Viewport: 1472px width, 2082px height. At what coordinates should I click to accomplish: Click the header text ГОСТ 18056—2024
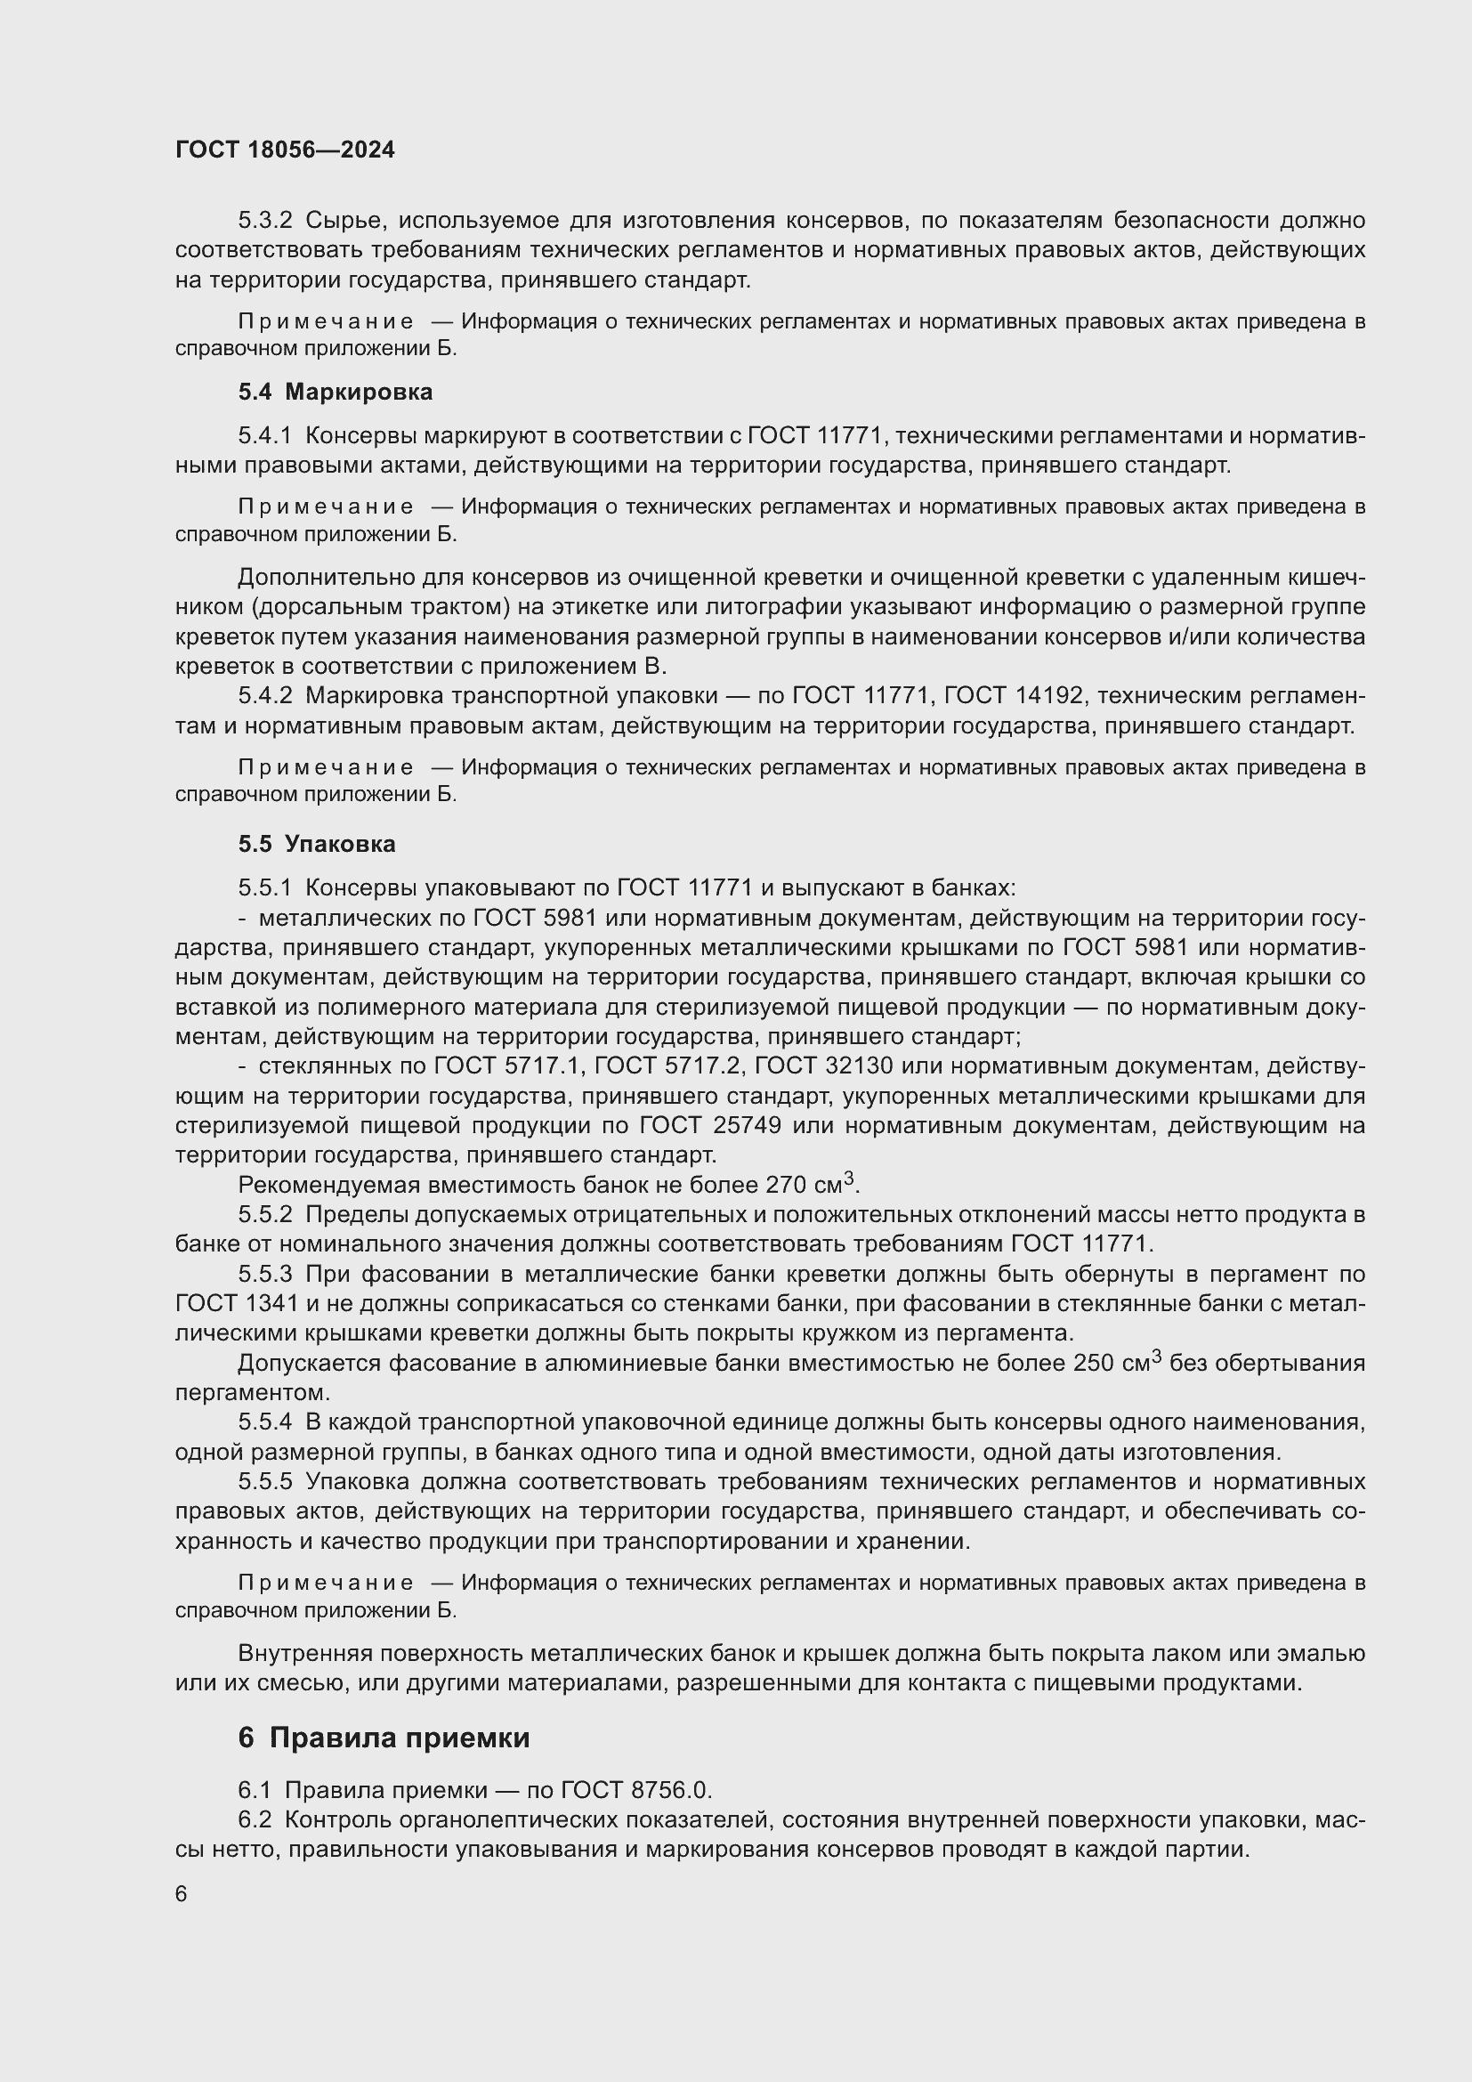pos(285,150)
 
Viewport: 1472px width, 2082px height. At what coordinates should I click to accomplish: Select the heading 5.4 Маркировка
pos(336,392)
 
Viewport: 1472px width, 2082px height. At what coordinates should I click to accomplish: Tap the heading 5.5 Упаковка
pos(316,843)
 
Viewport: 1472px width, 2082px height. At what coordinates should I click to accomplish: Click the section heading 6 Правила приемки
pos(384,1738)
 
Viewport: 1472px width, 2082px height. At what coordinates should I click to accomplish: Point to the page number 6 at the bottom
pos(182,1894)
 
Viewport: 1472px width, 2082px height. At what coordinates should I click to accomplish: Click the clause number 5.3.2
pos(264,221)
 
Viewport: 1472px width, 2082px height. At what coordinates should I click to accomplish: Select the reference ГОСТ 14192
pos(1015,695)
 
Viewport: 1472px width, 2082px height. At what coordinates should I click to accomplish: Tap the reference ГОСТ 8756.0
pos(637,1789)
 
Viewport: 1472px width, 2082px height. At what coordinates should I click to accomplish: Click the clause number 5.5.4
pos(264,1422)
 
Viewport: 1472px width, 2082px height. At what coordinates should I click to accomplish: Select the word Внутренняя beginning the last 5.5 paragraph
pos(303,1653)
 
